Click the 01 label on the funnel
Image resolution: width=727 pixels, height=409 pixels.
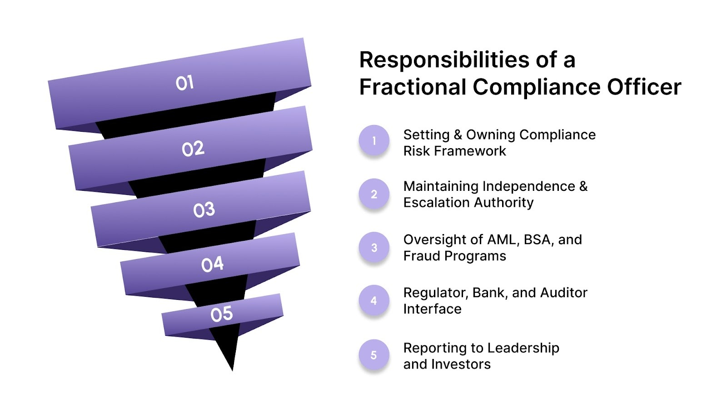click(x=184, y=83)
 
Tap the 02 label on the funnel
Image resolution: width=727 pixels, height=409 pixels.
click(x=193, y=149)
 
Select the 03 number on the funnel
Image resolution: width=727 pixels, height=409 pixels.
click(x=204, y=210)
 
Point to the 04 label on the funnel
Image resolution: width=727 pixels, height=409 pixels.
click(x=212, y=264)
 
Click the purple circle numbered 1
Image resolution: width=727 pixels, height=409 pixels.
click(x=374, y=141)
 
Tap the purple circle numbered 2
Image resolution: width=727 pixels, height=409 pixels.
click(x=374, y=195)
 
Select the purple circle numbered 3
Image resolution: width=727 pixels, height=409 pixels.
click(x=374, y=248)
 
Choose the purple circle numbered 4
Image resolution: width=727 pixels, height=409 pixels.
click(x=374, y=301)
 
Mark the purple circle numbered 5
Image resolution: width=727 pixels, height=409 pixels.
click(x=374, y=355)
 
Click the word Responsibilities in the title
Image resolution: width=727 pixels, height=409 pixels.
click(x=444, y=60)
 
